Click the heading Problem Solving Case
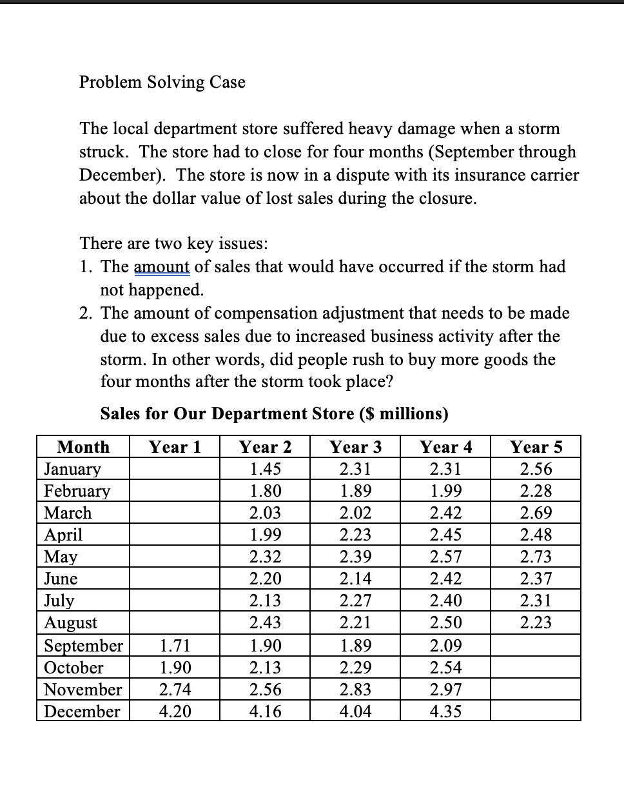[x=162, y=82]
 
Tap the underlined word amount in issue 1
[x=161, y=266]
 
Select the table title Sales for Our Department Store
[x=274, y=413]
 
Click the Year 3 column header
[x=355, y=447]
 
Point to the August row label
[x=70, y=622]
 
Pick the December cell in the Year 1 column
[x=175, y=711]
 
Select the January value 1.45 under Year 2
[x=265, y=469]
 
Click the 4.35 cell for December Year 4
[x=445, y=711]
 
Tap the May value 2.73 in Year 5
[x=536, y=556]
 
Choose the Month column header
[x=83, y=447]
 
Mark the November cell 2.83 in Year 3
[x=355, y=690]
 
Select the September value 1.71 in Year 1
[x=175, y=645]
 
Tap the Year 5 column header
[x=536, y=447]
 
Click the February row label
[x=77, y=491]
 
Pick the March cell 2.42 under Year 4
[x=445, y=513]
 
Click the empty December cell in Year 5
[x=536, y=711]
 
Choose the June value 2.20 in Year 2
[x=265, y=579]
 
